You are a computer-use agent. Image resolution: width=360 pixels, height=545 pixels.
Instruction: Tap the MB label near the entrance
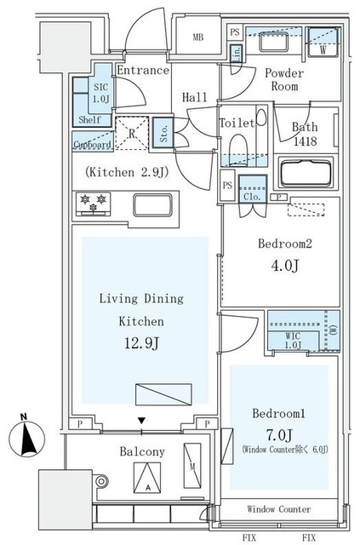197,37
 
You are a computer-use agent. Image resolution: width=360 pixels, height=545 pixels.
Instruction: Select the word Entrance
142,70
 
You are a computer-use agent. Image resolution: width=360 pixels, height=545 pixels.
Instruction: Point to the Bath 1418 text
305,134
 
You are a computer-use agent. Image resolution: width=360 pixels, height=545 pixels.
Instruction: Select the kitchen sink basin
152,205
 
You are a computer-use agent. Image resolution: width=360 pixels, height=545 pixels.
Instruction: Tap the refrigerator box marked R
132,131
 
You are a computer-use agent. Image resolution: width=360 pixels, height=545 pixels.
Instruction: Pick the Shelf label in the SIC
89,120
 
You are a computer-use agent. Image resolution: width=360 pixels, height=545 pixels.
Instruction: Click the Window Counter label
279,509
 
